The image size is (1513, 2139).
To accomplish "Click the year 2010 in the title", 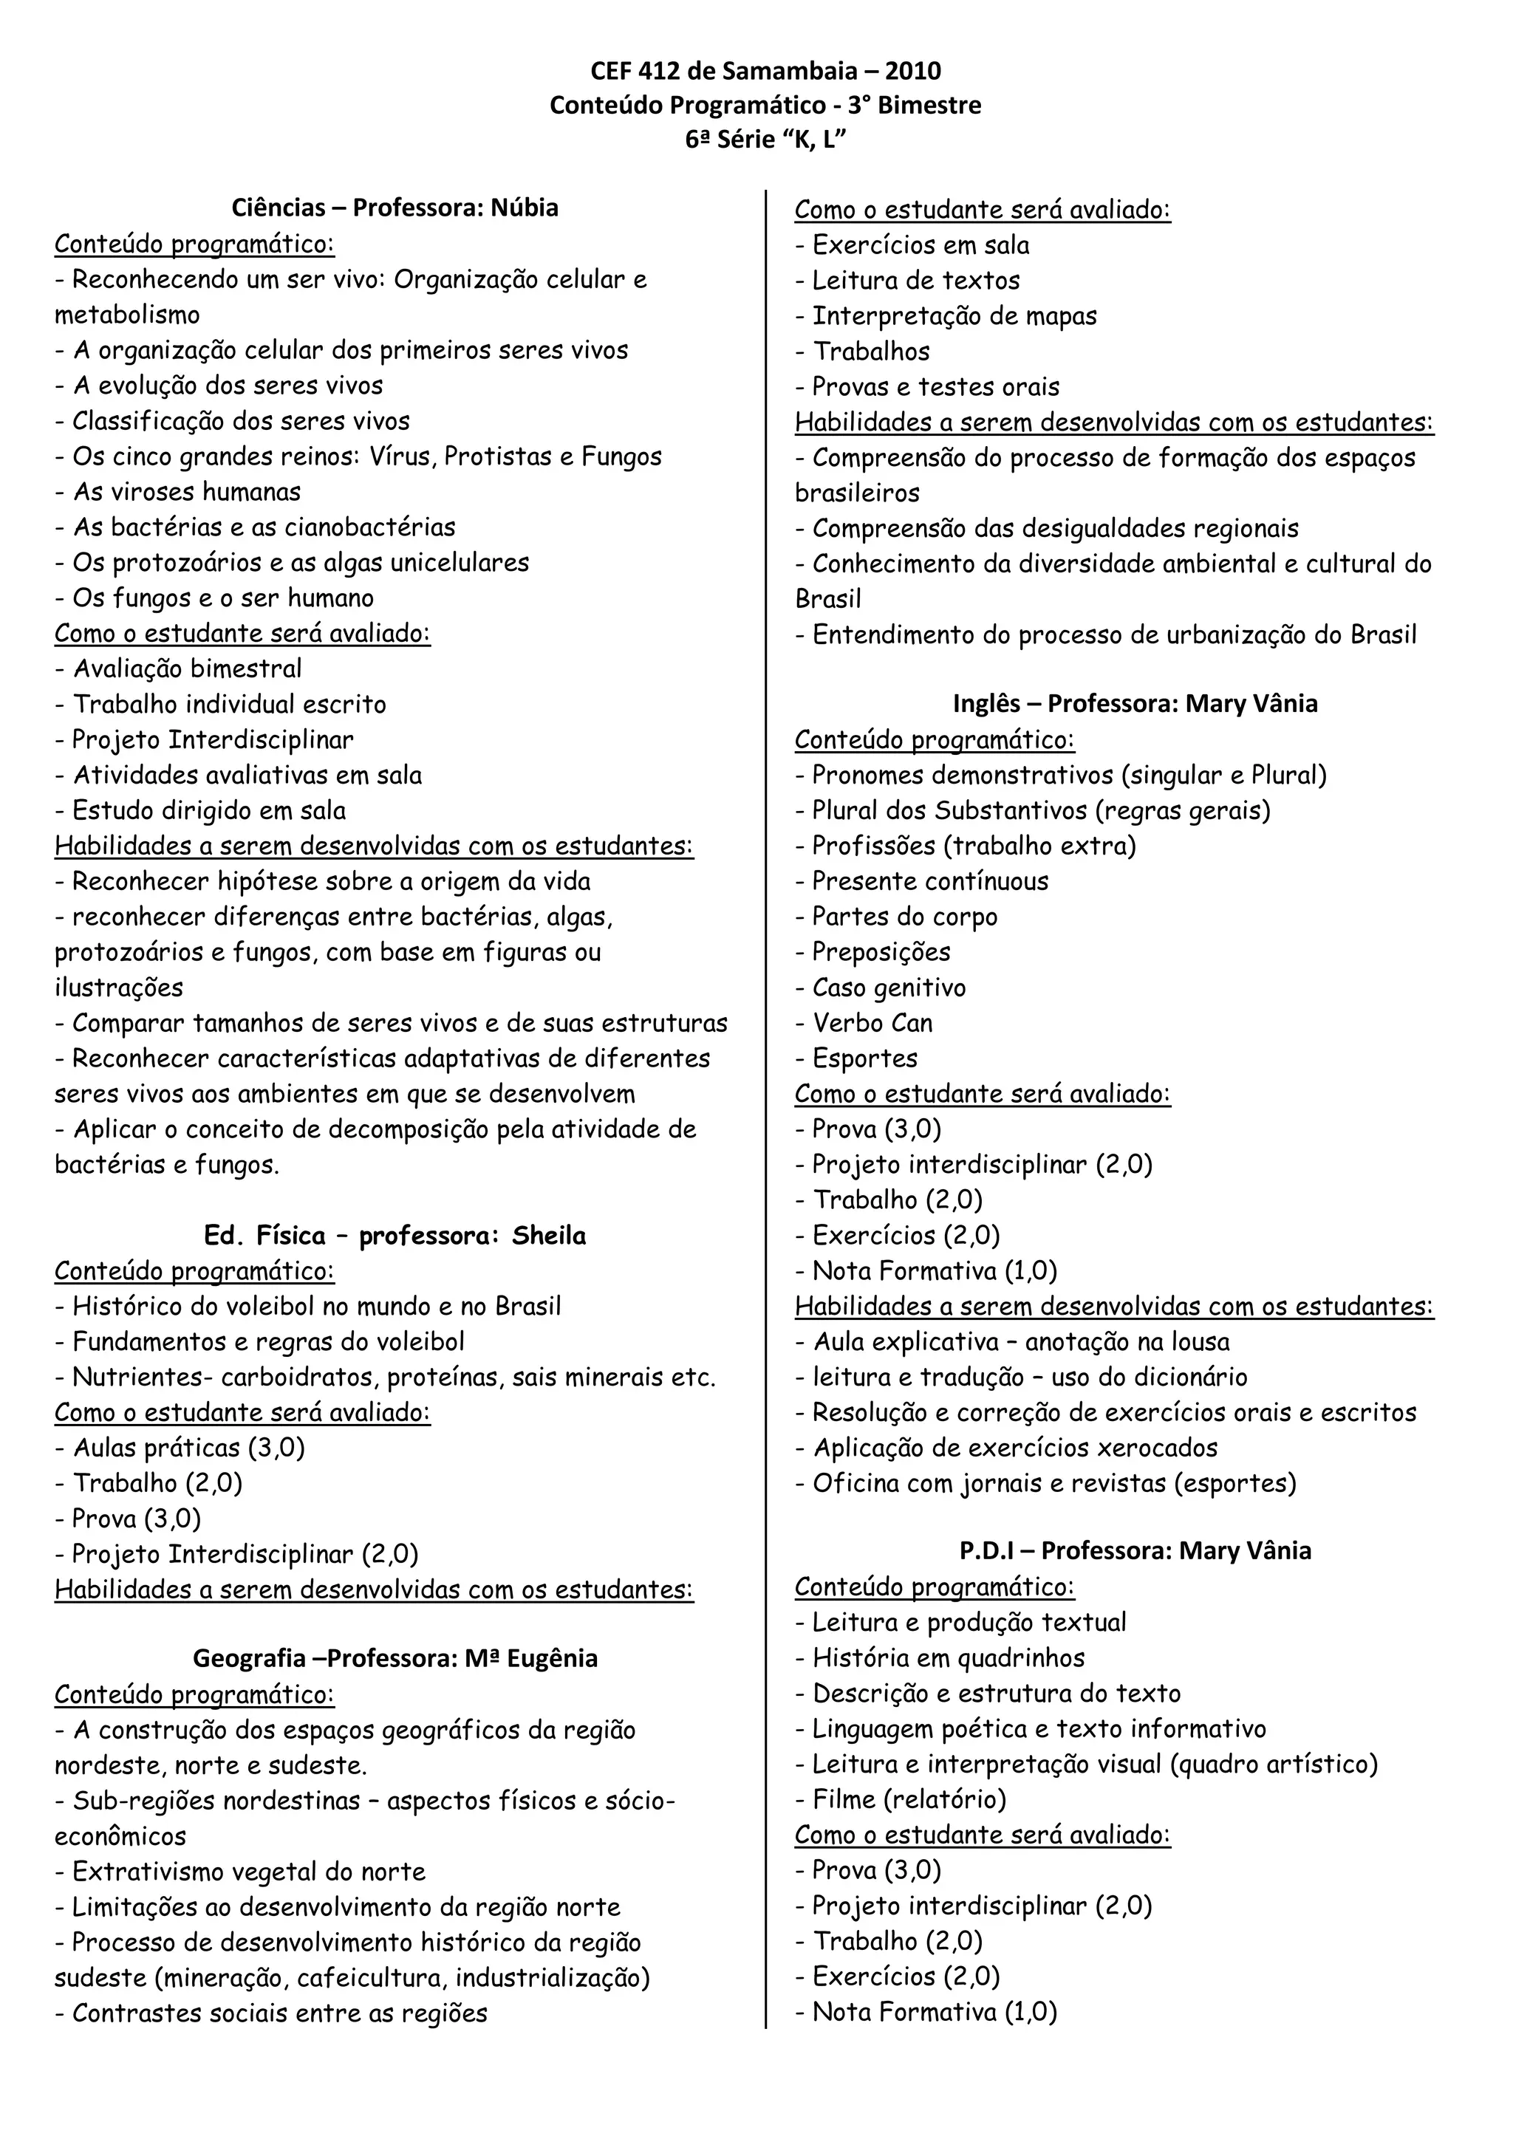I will (x=912, y=71).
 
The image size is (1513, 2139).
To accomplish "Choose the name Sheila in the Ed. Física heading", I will (x=549, y=1236).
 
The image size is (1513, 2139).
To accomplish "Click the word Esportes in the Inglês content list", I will (x=864, y=1058).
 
